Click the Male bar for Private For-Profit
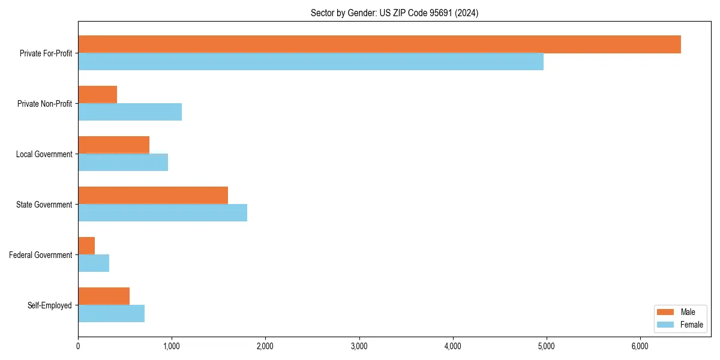[x=379, y=44]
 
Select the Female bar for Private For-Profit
[x=311, y=62]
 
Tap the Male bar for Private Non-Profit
[x=97, y=95]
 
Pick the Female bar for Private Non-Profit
[x=130, y=112]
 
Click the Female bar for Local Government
[x=123, y=163]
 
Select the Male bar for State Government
[x=153, y=196]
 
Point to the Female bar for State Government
[x=163, y=213]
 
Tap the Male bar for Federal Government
[x=86, y=246]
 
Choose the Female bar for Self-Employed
[x=111, y=314]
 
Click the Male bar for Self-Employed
[x=104, y=296]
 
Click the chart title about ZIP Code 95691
[x=394, y=13]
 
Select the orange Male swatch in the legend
[x=666, y=312]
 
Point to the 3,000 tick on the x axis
[x=359, y=346]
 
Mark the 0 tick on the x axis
[x=78, y=346]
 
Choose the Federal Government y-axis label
[x=41, y=255]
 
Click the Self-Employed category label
[x=50, y=305]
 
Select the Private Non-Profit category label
[x=44, y=104]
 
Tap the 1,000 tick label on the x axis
[x=172, y=346]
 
